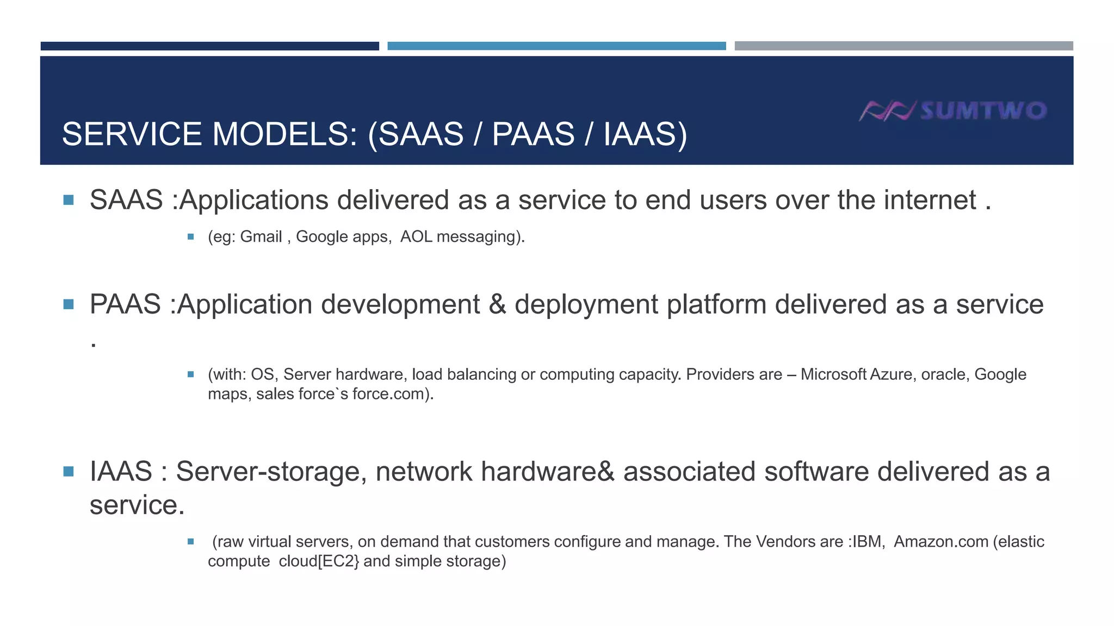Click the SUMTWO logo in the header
(x=953, y=111)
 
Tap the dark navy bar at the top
(x=209, y=46)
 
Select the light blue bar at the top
(x=556, y=46)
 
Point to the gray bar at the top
(x=903, y=46)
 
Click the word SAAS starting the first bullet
(x=126, y=200)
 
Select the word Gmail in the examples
(x=261, y=237)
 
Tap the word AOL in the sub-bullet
(x=416, y=237)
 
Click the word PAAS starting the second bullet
(x=125, y=304)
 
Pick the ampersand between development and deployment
(x=497, y=304)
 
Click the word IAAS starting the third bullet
(x=121, y=472)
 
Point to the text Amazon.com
(x=941, y=542)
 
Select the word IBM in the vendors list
(x=869, y=542)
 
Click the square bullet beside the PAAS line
(x=69, y=304)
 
